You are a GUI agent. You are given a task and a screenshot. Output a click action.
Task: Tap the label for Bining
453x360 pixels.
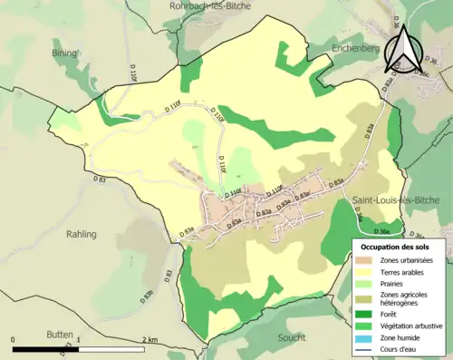point(65,54)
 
